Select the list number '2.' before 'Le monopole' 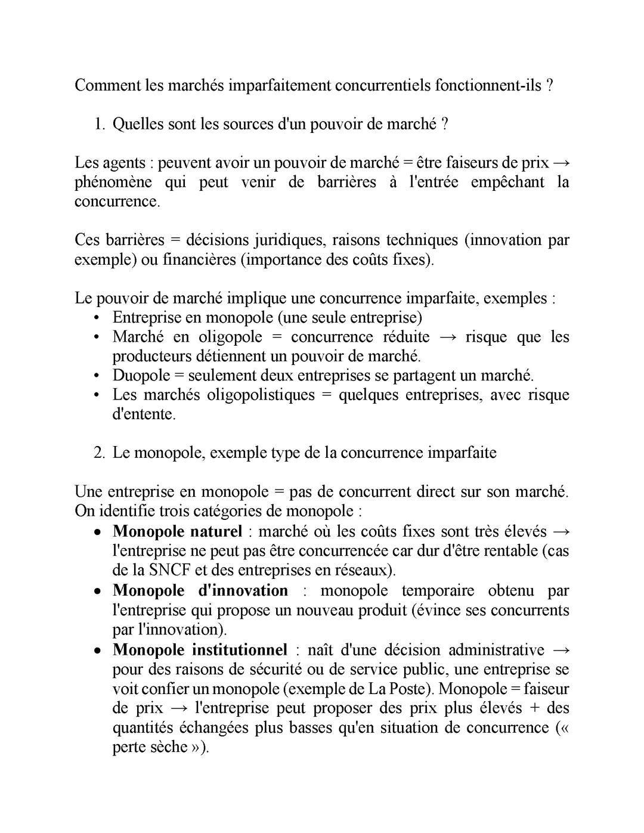99,453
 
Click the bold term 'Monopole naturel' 177,531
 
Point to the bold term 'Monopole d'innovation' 200,590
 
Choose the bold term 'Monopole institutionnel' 200,649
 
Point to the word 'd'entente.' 144,414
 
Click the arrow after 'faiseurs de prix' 561,163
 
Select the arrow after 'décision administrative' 561,650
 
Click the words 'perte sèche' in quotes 150,747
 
